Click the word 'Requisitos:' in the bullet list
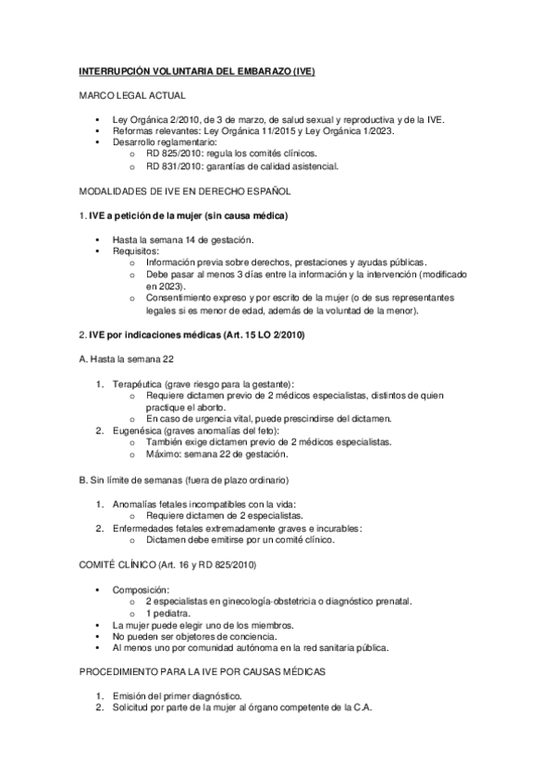click(136, 251)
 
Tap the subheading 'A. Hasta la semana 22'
click(123, 358)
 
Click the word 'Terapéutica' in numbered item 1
click(138, 382)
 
